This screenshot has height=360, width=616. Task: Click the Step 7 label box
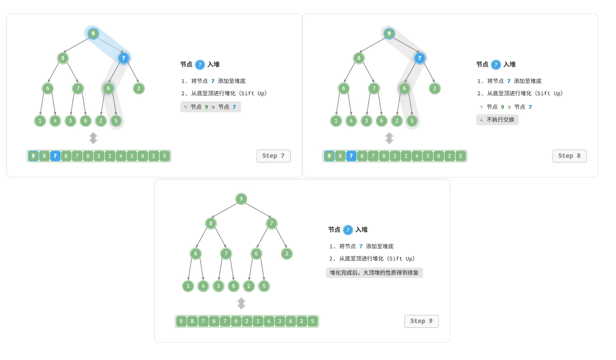pos(273,156)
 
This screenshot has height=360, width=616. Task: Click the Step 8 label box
pos(569,156)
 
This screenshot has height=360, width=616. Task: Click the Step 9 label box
pos(421,321)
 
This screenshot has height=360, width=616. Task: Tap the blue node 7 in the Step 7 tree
pos(124,58)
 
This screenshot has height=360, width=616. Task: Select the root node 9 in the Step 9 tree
pos(241,199)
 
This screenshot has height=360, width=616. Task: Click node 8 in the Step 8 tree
pos(359,58)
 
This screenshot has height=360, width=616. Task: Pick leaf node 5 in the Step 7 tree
pos(116,121)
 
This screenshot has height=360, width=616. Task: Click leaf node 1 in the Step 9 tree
pos(188,286)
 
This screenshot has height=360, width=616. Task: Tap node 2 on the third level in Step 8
pos(435,88)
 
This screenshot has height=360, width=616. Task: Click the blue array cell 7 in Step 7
pos(55,156)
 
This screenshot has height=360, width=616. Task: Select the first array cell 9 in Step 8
pos(329,156)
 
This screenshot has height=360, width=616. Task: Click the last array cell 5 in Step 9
pos(312,321)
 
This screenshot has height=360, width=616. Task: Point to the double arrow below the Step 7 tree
pos(93,138)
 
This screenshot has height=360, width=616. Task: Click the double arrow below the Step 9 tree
pos(241,303)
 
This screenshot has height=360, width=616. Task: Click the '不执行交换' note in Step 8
pos(497,120)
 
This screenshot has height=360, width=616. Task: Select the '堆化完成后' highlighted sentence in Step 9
pos(374,273)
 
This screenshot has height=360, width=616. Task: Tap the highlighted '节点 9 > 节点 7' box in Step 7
pos(210,107)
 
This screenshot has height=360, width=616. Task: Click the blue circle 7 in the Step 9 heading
pos(348,230)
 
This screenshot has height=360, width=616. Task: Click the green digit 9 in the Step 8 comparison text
pos(502,107)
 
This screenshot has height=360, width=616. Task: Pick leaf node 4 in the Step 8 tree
pos(351,121)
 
